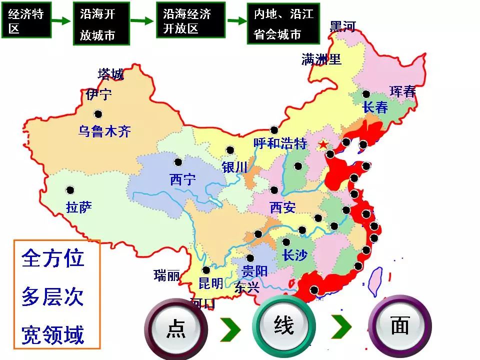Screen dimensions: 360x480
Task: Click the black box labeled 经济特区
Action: (26, 20)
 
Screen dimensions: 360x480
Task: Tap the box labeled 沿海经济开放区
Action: (188, 20)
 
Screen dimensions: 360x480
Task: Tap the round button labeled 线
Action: (283, 325)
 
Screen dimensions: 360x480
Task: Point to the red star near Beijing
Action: (323, 145)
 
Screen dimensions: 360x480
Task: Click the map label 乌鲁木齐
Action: (104, 131)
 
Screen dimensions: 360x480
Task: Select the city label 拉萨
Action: (78, 206)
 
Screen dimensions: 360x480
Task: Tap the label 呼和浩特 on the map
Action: (280, 144)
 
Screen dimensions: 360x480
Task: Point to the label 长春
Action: (375, 107)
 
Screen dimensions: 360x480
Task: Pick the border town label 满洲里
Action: (321, 60)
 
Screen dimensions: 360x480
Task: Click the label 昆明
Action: (210, 283)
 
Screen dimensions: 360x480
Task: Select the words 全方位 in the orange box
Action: (53, 258)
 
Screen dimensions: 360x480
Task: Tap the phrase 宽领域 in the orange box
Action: (53, 334)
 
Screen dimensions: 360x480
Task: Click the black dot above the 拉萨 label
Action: (70, 190)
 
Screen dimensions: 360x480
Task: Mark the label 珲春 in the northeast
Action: (403, 91)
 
